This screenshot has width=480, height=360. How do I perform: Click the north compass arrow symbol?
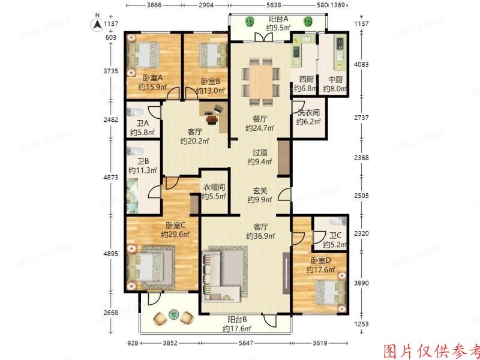tap(95, 24)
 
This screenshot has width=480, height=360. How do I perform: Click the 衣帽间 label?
tap(213, 187)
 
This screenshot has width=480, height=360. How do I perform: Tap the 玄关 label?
tap(260, 191)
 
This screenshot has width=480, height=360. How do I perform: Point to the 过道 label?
tap(260, 153)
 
